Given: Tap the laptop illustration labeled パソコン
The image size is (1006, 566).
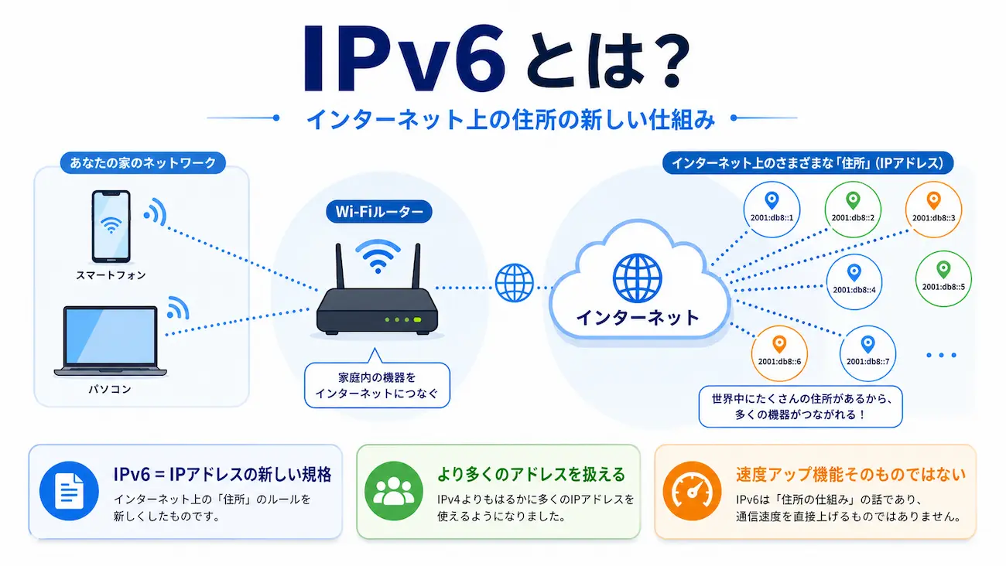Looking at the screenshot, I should (x=110, y=341).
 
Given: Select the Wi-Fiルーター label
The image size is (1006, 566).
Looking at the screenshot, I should (x=378, y=211).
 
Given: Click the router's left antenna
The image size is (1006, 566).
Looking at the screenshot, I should (x=338, y=266).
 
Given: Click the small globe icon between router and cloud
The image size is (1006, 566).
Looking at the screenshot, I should (x=515, y=283).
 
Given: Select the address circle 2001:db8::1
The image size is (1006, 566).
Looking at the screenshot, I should (x=772, y=208).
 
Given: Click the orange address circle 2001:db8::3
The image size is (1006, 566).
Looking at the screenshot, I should (x=932, y=208).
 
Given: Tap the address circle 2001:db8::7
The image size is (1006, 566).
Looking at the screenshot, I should (x=867, y=352).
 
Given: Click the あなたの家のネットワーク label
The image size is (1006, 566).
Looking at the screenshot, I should (x=143, y=162).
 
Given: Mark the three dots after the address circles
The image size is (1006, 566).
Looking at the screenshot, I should (x=941, y=355).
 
